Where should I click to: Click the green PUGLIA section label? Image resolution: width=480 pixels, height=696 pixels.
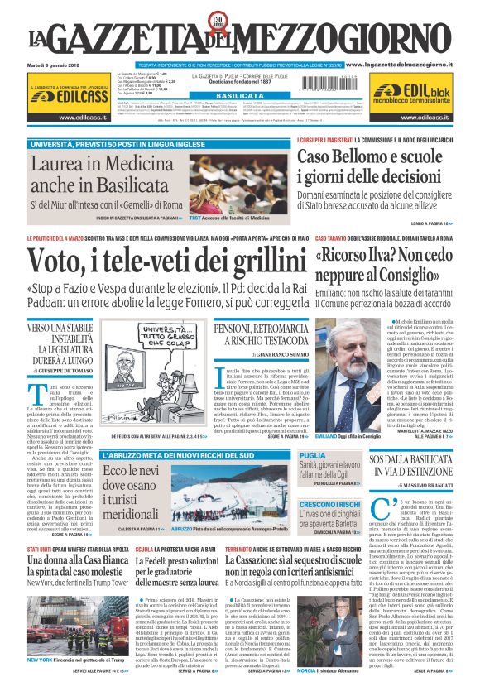pyautogui.click(x=312, y=456)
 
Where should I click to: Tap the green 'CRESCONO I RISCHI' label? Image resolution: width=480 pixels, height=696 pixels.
pyautogui.click(x=329, y=504)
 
